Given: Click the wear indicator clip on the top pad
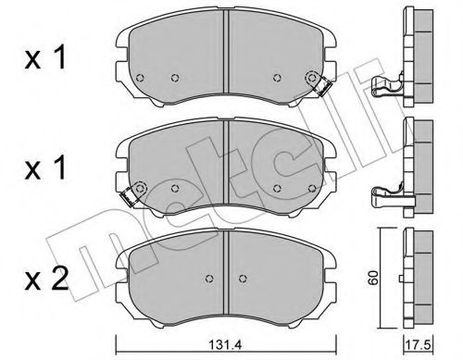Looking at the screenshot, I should click(x=322, y=86).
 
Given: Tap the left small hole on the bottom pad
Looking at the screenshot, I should click(x=209, y=277).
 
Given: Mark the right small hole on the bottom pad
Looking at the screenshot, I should click(x=242, y=277).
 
